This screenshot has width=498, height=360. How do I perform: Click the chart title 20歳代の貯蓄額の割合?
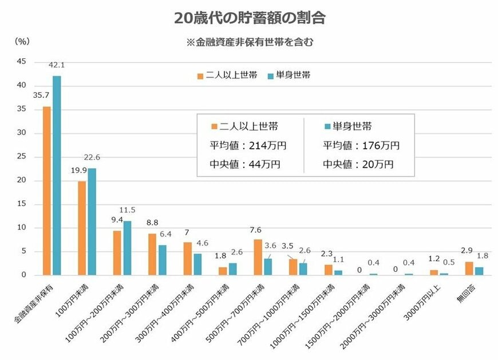(250, 18)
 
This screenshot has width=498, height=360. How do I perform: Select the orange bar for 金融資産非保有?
(47, 191)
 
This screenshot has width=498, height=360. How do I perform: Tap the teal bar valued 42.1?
(57, 175)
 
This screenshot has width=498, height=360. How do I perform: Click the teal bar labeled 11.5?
(127, 248)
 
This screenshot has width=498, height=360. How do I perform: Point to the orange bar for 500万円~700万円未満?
(258, 257)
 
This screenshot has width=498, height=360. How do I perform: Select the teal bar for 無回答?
(479, 271)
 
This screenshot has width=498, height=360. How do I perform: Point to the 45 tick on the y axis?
(21, 62)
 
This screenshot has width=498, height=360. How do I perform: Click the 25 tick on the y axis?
(21, 157)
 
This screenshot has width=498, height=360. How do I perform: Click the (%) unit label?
(22, 41)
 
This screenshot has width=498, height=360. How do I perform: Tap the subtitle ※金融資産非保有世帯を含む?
(250, 42)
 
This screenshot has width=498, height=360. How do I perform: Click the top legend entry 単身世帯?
(290, 75)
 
